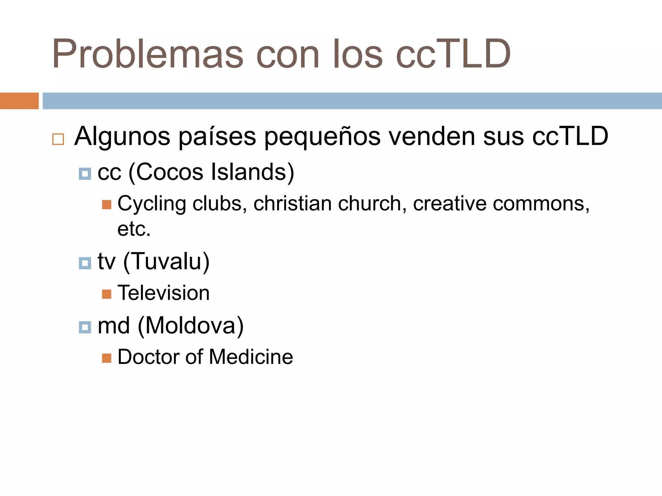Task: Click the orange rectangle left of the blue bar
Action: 19,101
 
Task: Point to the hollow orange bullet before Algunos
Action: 58,139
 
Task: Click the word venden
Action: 432,136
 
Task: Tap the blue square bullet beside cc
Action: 85,174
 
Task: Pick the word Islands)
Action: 252,172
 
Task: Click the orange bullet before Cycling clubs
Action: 107,204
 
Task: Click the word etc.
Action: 134,229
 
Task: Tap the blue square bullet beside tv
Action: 85,263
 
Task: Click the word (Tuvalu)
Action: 166,262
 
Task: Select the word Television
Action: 164,293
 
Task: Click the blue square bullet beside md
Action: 85,327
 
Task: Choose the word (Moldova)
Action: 191,326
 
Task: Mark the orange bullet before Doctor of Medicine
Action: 107,358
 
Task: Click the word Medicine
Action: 251,357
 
